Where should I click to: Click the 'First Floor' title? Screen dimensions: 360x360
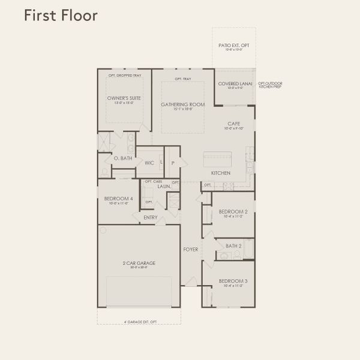(x=60, y=16)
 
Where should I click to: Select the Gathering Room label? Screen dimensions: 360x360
(x=182, y=104)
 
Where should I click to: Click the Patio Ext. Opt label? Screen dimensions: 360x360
(x=233, y=45)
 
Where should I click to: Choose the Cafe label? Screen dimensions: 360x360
(x=233, y=124)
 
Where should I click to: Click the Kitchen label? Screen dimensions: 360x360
(x=220, y=173)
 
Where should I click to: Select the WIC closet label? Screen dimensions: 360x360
(x=149, y=163)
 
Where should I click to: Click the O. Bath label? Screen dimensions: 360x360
(x=123, y=158)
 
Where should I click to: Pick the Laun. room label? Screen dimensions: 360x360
(x=164, y=187)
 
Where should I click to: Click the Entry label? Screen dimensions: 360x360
(x=150, y=217)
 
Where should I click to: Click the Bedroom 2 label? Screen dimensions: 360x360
(x=233, y=212)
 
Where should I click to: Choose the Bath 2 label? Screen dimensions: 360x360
(x=233, y=245)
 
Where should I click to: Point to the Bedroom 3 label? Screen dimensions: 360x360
(x=233, y=281)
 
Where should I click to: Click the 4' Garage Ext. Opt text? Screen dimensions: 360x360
(x=139, y=322)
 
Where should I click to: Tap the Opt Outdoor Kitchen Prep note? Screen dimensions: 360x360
(x=270, y=85)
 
